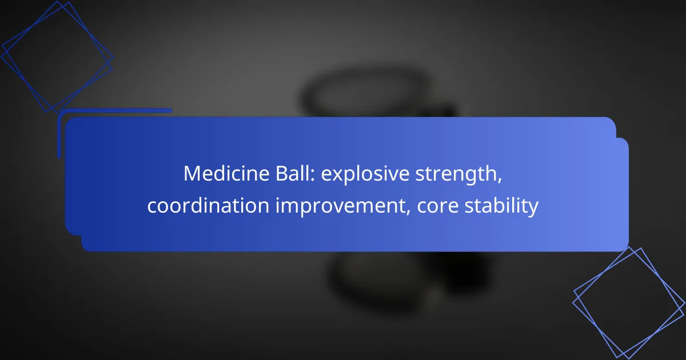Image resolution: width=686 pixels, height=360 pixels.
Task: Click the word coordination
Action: tap(208, 205)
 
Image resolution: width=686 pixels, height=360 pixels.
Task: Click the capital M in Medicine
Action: tap(192, 174)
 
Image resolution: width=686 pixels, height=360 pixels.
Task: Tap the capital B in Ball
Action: tap(281, 174)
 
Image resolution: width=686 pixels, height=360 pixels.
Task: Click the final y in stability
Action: tap(533, 209)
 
